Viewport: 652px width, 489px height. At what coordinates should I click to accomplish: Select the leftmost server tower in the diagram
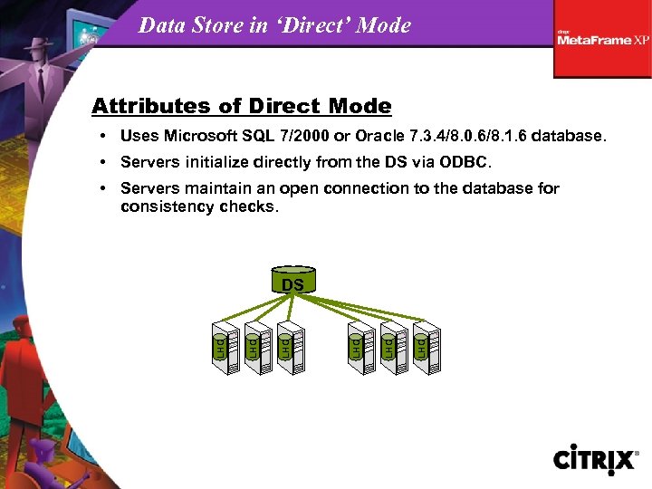click(224, 346)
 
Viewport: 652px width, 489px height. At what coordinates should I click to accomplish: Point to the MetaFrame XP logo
click(602, 39)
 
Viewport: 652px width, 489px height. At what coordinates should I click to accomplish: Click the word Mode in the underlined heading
click(360, 106)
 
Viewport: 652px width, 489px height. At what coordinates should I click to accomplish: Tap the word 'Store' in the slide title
click(219, 25)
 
